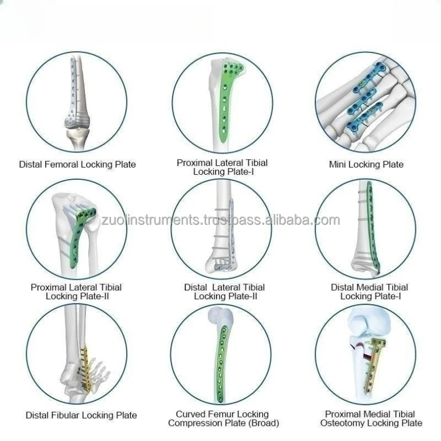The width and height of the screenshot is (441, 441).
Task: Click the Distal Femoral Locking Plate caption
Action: [x=77, y=164]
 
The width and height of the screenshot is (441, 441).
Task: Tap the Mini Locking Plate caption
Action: [x=366, y=164]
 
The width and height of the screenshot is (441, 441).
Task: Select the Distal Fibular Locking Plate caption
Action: [x=81, y=415]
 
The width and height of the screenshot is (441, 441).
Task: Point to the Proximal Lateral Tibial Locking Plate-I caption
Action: [x=222, y=167]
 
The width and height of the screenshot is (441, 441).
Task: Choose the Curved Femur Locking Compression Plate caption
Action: [x=222, y=419]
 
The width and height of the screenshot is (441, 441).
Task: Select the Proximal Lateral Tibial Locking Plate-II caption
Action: [x=76, y=291]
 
